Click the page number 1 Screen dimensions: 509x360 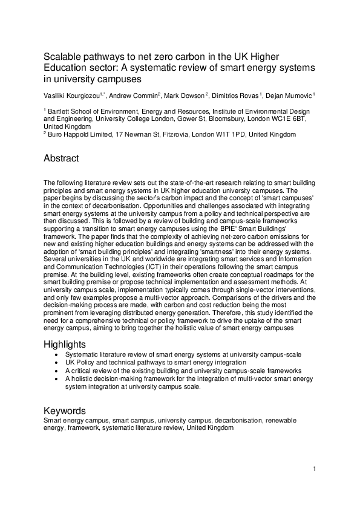[315, 468]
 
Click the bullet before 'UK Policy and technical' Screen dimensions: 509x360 [56, 363]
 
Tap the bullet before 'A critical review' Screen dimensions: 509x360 [56, 371]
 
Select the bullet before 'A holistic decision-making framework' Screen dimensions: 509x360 [56, 378]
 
